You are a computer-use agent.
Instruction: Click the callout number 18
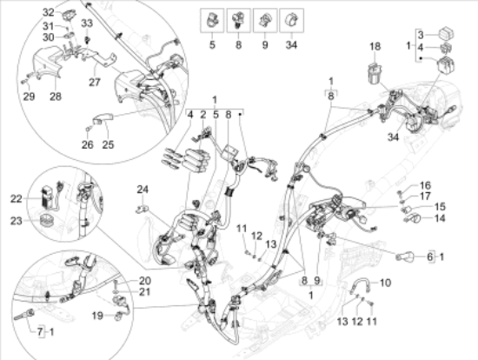pos(375,46)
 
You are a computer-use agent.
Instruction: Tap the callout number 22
pos(17,199)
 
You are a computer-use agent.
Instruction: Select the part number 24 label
pos(143,190)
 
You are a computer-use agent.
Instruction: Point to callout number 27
pos(95,82)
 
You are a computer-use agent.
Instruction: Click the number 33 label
pos(87,23)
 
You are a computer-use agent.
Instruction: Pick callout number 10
pos(385,283)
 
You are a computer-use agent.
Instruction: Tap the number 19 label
pos(97,316)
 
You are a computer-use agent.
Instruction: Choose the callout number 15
pos(440,207)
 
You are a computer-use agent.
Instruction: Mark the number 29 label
pos(29,97)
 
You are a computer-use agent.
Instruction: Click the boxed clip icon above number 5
pos(212,21)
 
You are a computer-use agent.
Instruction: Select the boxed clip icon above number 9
pos(265,21)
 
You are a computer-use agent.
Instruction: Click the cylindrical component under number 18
pos(375,73)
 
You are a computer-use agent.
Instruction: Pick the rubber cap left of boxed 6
pos(405,257)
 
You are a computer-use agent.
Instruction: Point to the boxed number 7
pos(41,332)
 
